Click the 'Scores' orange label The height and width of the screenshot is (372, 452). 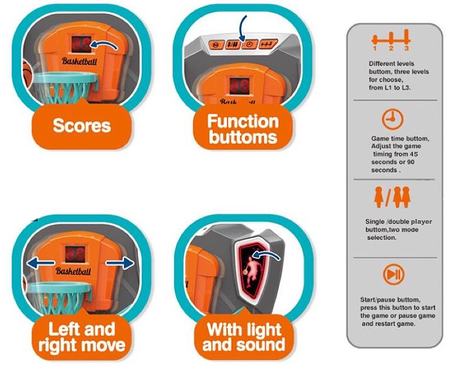[82, 126]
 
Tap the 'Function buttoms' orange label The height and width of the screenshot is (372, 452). [242, 129]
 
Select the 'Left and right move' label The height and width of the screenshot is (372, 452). [82, 337]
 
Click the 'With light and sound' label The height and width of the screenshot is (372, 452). [244, 337]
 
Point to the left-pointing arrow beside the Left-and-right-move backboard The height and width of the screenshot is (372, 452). [40, 262]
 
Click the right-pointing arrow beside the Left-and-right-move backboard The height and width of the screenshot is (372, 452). [120, 262]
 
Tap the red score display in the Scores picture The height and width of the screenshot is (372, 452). [81, 44]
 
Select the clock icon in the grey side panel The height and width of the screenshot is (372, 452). [392, 119]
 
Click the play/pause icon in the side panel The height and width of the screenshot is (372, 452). [394, 274]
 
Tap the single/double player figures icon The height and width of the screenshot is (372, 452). [392, 198]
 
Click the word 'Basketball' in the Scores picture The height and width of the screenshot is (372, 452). [79, 61]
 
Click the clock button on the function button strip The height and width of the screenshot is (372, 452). [250, 45]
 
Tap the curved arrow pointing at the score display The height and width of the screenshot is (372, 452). [104, 45]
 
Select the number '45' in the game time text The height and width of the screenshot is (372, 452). [413, 154]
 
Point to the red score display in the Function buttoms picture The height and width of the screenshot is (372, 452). [240, 85]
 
